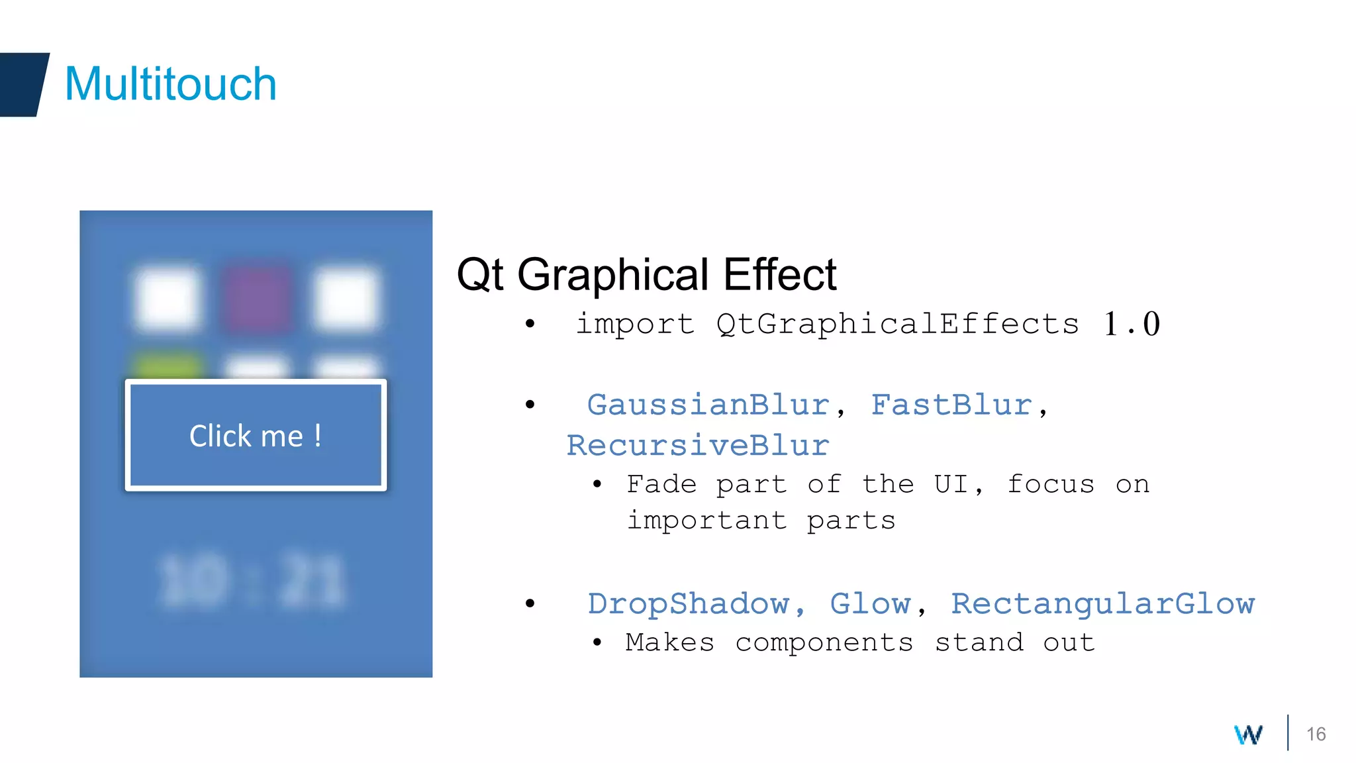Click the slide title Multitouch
[x=170, y=84]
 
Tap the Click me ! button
[x=256, y=435]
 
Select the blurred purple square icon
[x=258, y=299]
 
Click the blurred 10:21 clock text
[x=252, y=581]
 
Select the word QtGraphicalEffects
[x=897, y=324]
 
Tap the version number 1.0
[x=1132, y=324]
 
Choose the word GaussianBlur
[x=708, y=405]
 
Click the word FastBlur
[x=951, y=405]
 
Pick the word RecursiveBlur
[x=698, y=445]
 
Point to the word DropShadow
[x=689, y=603]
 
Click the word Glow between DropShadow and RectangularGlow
[x=870, y=603]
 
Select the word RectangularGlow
[x=1102, y=603]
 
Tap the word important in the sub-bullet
[x=706, y=521]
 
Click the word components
[x=824, y=642]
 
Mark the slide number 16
[x=1316, y=734]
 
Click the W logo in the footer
[x=1248, y=734]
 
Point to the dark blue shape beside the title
[x=23, y=84]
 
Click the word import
[x=635, y=324]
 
